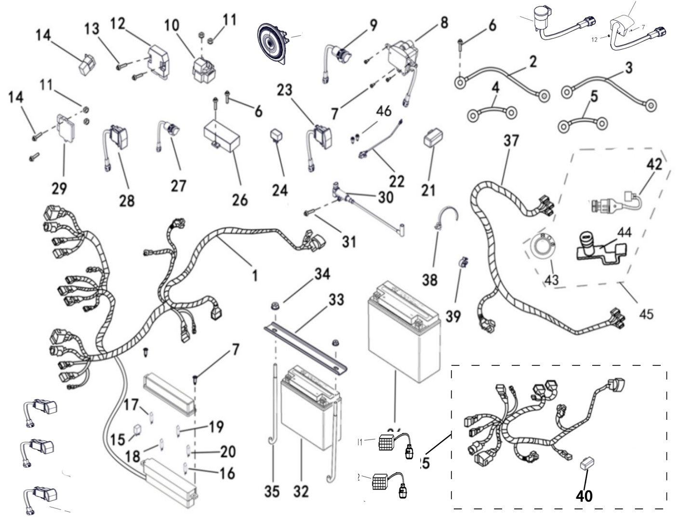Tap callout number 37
pos(511,141)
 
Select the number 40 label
pos(584,495)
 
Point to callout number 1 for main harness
pos(254,275)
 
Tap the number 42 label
pos(654,164)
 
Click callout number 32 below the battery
pos(301,491)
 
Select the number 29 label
pos(59,188)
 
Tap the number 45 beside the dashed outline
pos(646,314)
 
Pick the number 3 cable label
pos(628,68)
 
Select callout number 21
pos(428,190)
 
